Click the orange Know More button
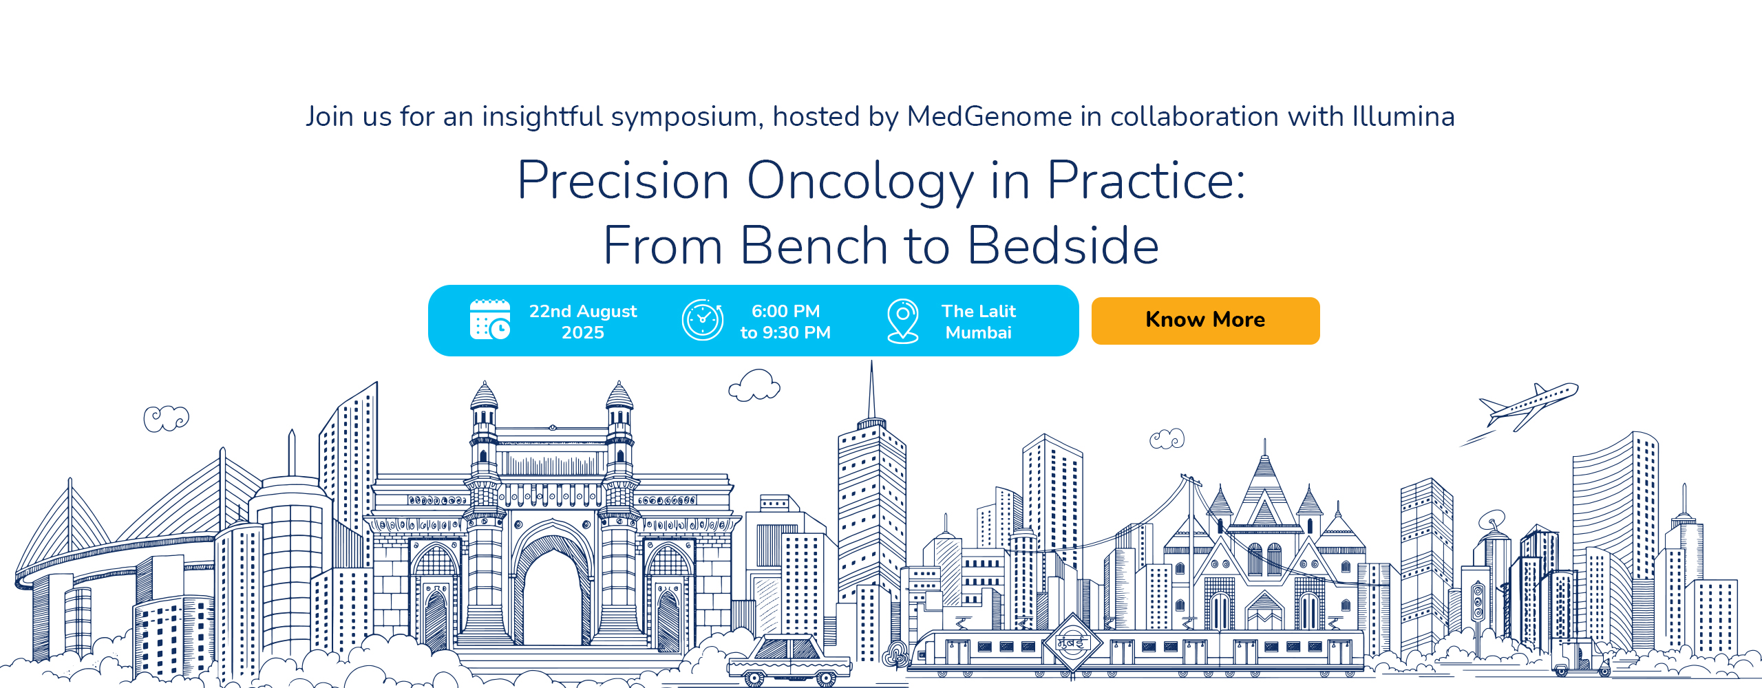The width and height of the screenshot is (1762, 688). click(x=1205, y=321)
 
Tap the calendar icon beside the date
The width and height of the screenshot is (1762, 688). click(x=490, y=320)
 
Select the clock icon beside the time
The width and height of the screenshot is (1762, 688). click(x=702, y=320)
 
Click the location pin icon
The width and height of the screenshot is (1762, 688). click(x=903, y=321)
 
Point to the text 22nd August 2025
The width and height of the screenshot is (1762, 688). click(x=583, y=321)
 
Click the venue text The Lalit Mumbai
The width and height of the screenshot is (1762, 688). click(x=979, y=321)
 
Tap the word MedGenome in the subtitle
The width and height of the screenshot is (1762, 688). click(x=989, y=116)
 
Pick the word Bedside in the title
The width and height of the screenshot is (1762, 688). click(x=1063, y=246)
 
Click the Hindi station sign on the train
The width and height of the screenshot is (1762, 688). click(x=1072, y=644)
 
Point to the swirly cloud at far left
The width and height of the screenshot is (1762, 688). click(x=166, y=418)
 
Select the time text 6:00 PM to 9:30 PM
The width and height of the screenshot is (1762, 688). click(x=785, y=321)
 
